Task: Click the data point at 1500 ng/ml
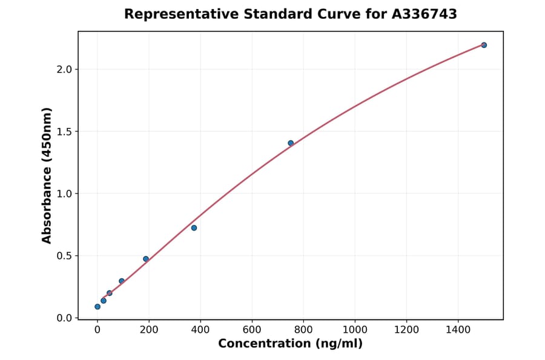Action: (484, 45)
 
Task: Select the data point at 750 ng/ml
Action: (291, 143)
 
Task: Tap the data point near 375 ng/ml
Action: (194, 228)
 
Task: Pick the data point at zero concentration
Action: (97, 307)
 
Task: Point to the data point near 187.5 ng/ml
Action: (146, 259)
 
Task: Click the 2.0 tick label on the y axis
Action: (64, 70)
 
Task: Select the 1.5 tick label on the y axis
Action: (64, 132)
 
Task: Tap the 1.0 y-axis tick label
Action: (64, 194)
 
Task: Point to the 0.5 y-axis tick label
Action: (64, 256)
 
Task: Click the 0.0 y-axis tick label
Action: (64, 318)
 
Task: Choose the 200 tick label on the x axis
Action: (149, 330)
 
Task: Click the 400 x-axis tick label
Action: (200, 330)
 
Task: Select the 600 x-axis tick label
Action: (252, 330)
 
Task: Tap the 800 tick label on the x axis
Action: (303, 330)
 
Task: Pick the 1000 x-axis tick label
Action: (355, 330)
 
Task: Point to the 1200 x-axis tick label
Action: (406, 330)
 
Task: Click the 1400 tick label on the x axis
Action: (458, 330)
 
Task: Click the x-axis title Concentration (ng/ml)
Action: (291, 344)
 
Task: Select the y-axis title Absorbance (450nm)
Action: (47, 176)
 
